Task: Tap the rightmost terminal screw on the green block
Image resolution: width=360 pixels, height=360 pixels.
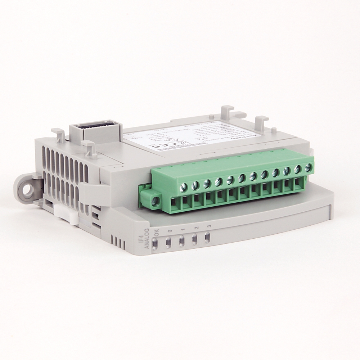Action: click(x=308, y=168)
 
